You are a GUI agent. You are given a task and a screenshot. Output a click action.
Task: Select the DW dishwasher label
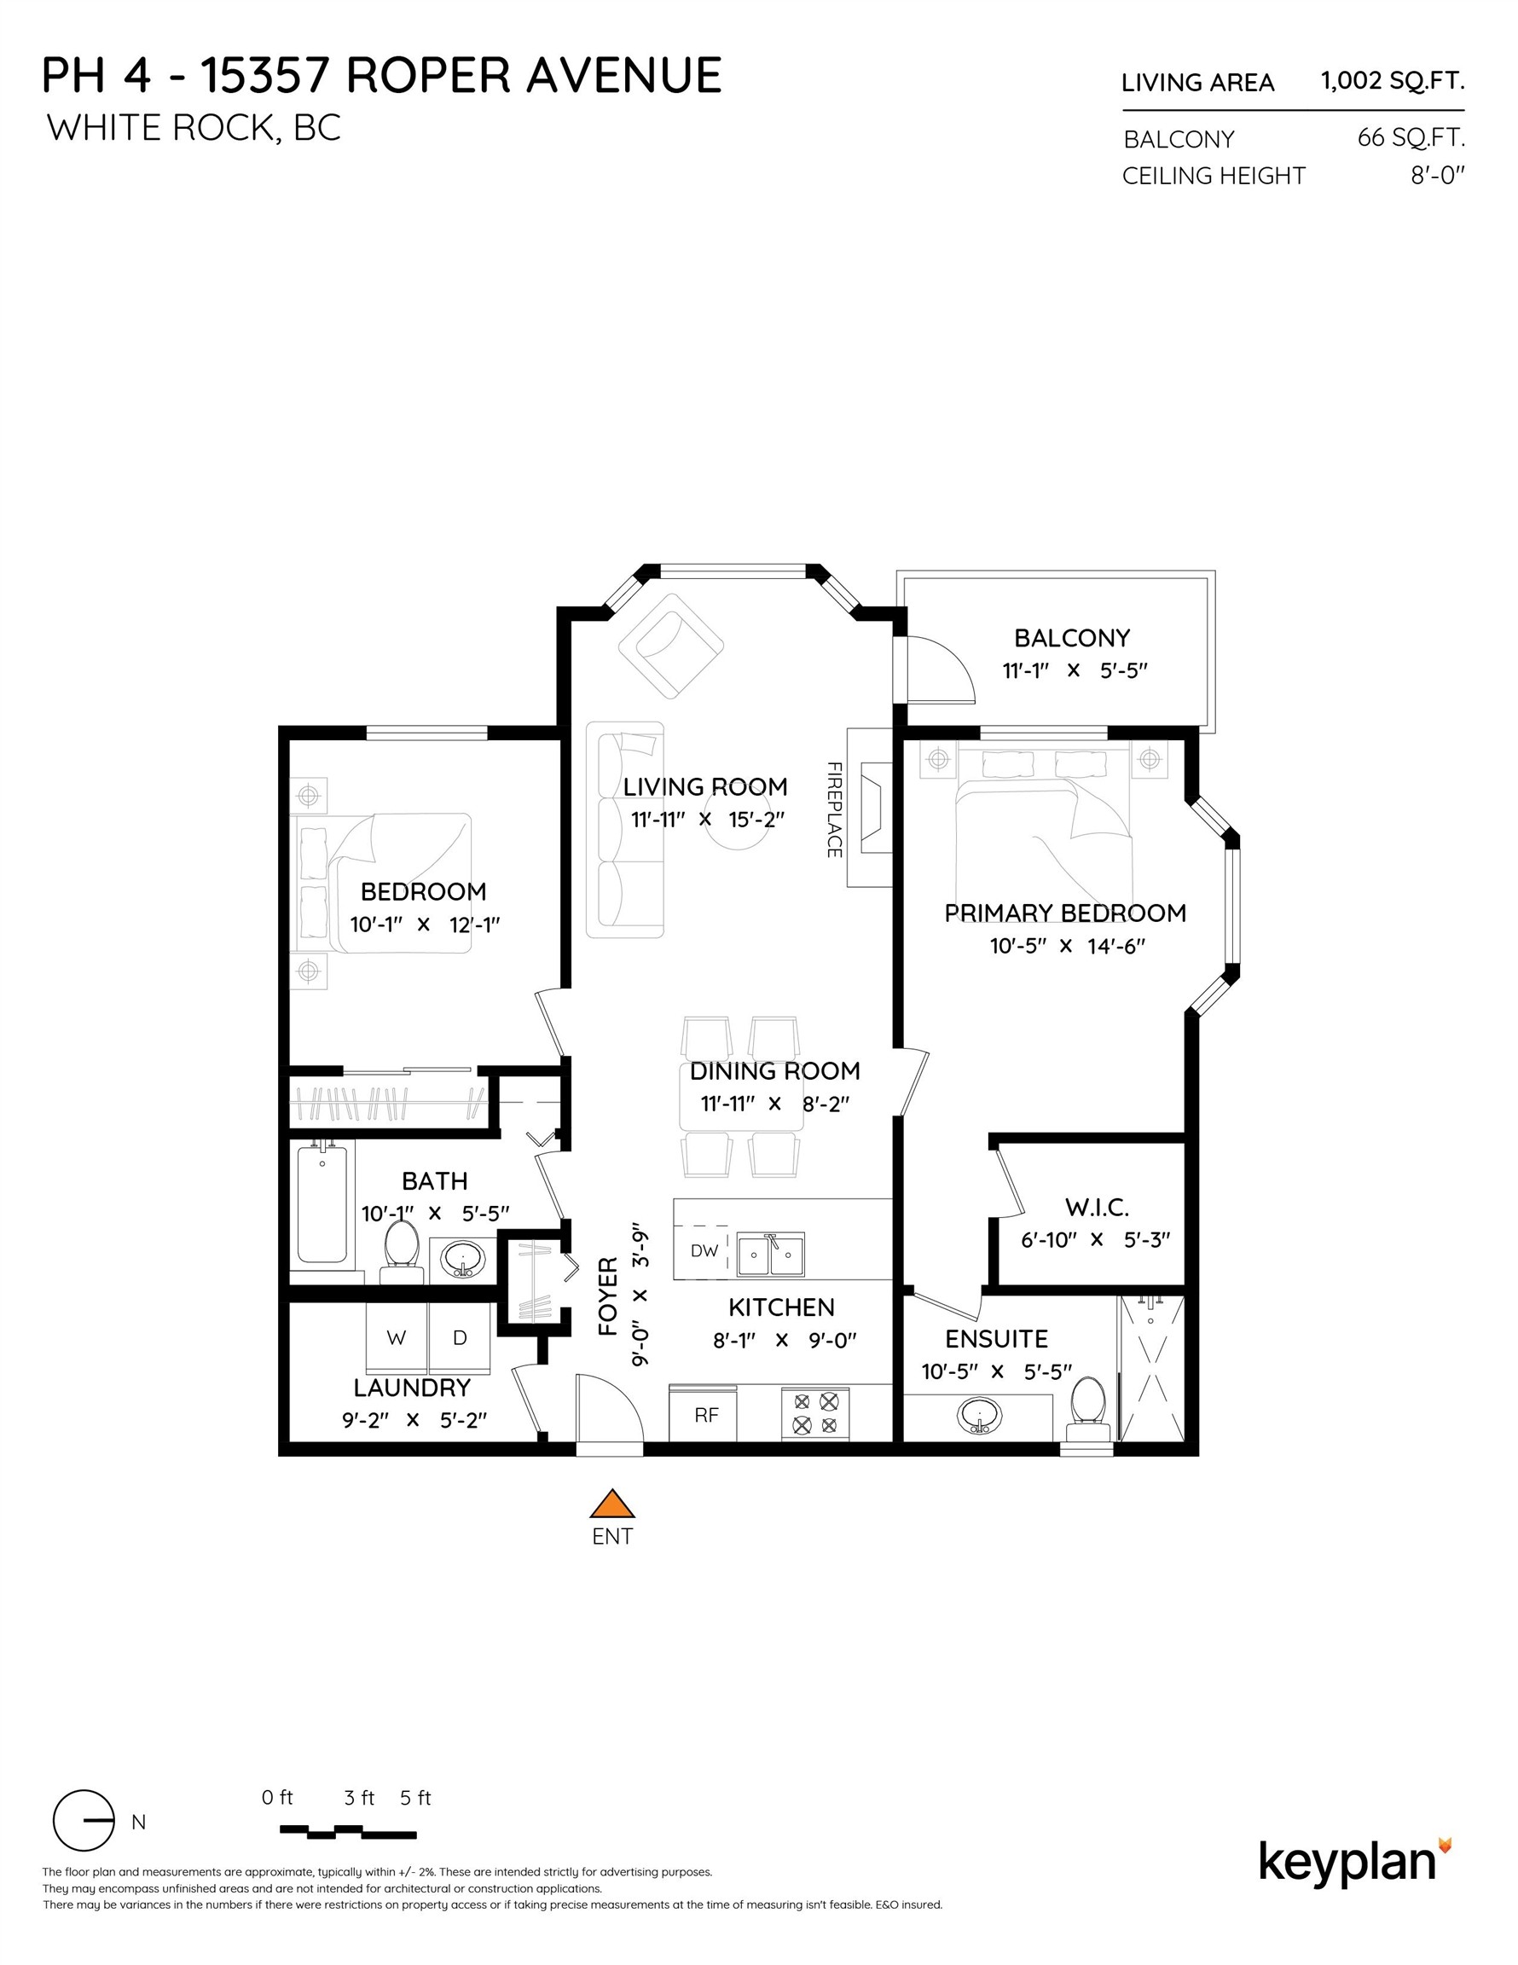pyautogui.click(x=704, y=1251)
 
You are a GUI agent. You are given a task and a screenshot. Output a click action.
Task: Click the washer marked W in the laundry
pyautogui.click(x=396, y=1338)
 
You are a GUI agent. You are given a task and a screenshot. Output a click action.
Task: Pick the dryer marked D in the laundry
pyautogui.click(x=460, y=1338)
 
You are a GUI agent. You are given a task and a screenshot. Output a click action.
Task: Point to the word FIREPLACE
pyautogui.click(x=833, y=809)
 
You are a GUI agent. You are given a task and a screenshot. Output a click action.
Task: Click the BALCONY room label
pyautogui.click(x=1071, y=638)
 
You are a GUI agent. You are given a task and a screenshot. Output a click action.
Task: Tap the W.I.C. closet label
pyautogui.click(x=1096, y=1208)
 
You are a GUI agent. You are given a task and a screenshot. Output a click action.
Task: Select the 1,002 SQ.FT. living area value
pyautogui.click(x=1391, y=81)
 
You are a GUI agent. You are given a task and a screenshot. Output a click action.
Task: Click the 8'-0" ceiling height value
pyautogui.click(x=1437, y=176)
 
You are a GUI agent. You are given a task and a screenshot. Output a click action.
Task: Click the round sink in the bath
pyautogui.click(x=462, y=1260)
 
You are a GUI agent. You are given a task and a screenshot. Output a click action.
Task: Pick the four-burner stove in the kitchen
pyautogui.click(x=815, y=1413)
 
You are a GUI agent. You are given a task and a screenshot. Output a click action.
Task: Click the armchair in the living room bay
pyautogui.click(x=670, y=645)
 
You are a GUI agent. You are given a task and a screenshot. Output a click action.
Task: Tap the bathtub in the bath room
pyautogui.click(x=322, y=1202)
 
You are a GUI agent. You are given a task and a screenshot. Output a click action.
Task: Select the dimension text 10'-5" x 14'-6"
pyautogui.click(x=1066, y=946)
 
